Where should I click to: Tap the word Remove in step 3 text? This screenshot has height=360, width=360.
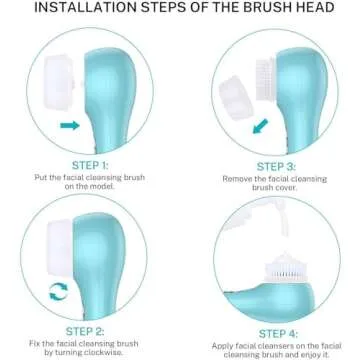(236, 178)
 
